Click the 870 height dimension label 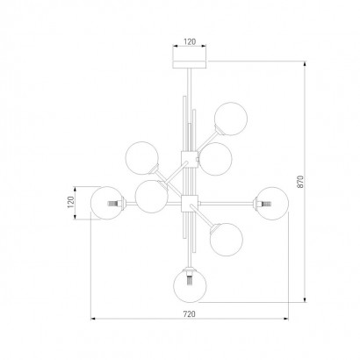[x=301, y=182]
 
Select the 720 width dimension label [x=189, y=314]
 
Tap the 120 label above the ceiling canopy [x=190, y=42]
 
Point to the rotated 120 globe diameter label [x=71, y=202]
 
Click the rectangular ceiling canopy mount [x=190, y=64]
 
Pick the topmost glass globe [x=231, y=119]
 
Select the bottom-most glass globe [x=190, y=285]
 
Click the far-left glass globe [x=107, y=203]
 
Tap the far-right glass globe [x=272, y=204]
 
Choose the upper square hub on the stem [x=190, y=159]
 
